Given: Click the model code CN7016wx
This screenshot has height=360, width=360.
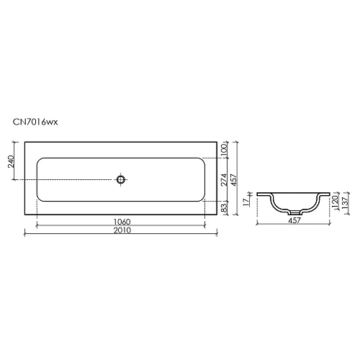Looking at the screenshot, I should tap(35, 123).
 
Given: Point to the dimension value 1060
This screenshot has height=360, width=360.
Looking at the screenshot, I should tap(121, 222).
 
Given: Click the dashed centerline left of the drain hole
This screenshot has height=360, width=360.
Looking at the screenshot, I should tap(72, 179).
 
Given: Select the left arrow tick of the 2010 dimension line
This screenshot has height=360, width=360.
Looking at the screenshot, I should tap(24, 233).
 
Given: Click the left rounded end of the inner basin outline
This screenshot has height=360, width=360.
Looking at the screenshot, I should tap(37, 179).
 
